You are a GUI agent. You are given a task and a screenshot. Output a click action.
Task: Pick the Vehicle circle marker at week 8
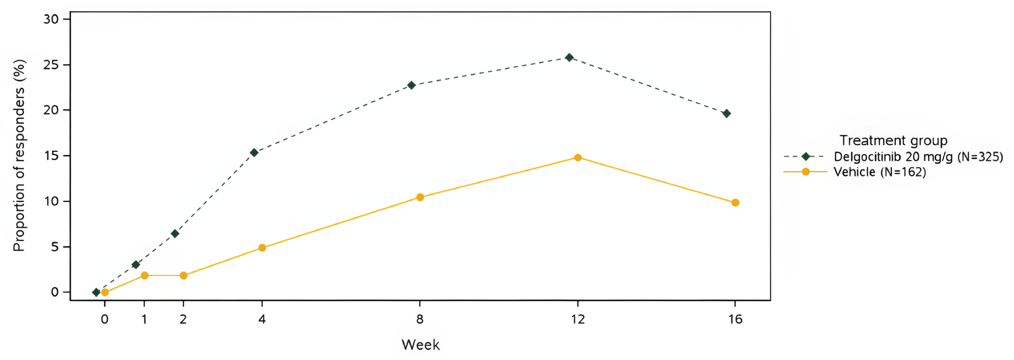[x=420, y=197]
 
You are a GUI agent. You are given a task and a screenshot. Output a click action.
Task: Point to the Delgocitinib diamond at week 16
[x=727, y=114]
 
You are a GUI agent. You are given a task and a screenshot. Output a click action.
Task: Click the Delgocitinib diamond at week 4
[x=254, y=153]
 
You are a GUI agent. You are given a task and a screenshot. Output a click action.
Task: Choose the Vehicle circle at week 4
[x=262, y=248]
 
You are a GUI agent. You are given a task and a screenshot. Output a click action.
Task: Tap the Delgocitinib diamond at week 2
[x=175, y=234]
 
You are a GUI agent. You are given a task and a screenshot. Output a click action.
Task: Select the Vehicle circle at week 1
[x=144, y=275]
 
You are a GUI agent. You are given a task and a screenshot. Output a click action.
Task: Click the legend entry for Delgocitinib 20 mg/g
[x=918, y=157]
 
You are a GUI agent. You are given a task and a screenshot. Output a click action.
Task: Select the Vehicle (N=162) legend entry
[x=879, y=172]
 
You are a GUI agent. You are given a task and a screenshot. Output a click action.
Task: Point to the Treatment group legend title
[x=894, y=141]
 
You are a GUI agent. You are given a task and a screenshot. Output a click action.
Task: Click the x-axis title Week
[x=420, y=345]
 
